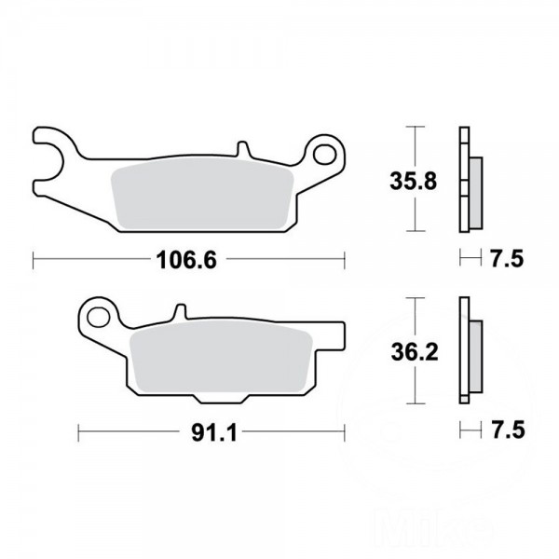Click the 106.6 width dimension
point(186,260)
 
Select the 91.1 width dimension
point(214,433)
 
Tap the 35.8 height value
point(413,181)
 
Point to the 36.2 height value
point(415,352)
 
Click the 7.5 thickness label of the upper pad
point(508,259)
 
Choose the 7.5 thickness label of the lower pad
point(508,429)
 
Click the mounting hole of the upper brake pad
point(324,155)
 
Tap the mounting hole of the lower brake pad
point(99,317)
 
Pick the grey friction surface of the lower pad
point(221,356)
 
